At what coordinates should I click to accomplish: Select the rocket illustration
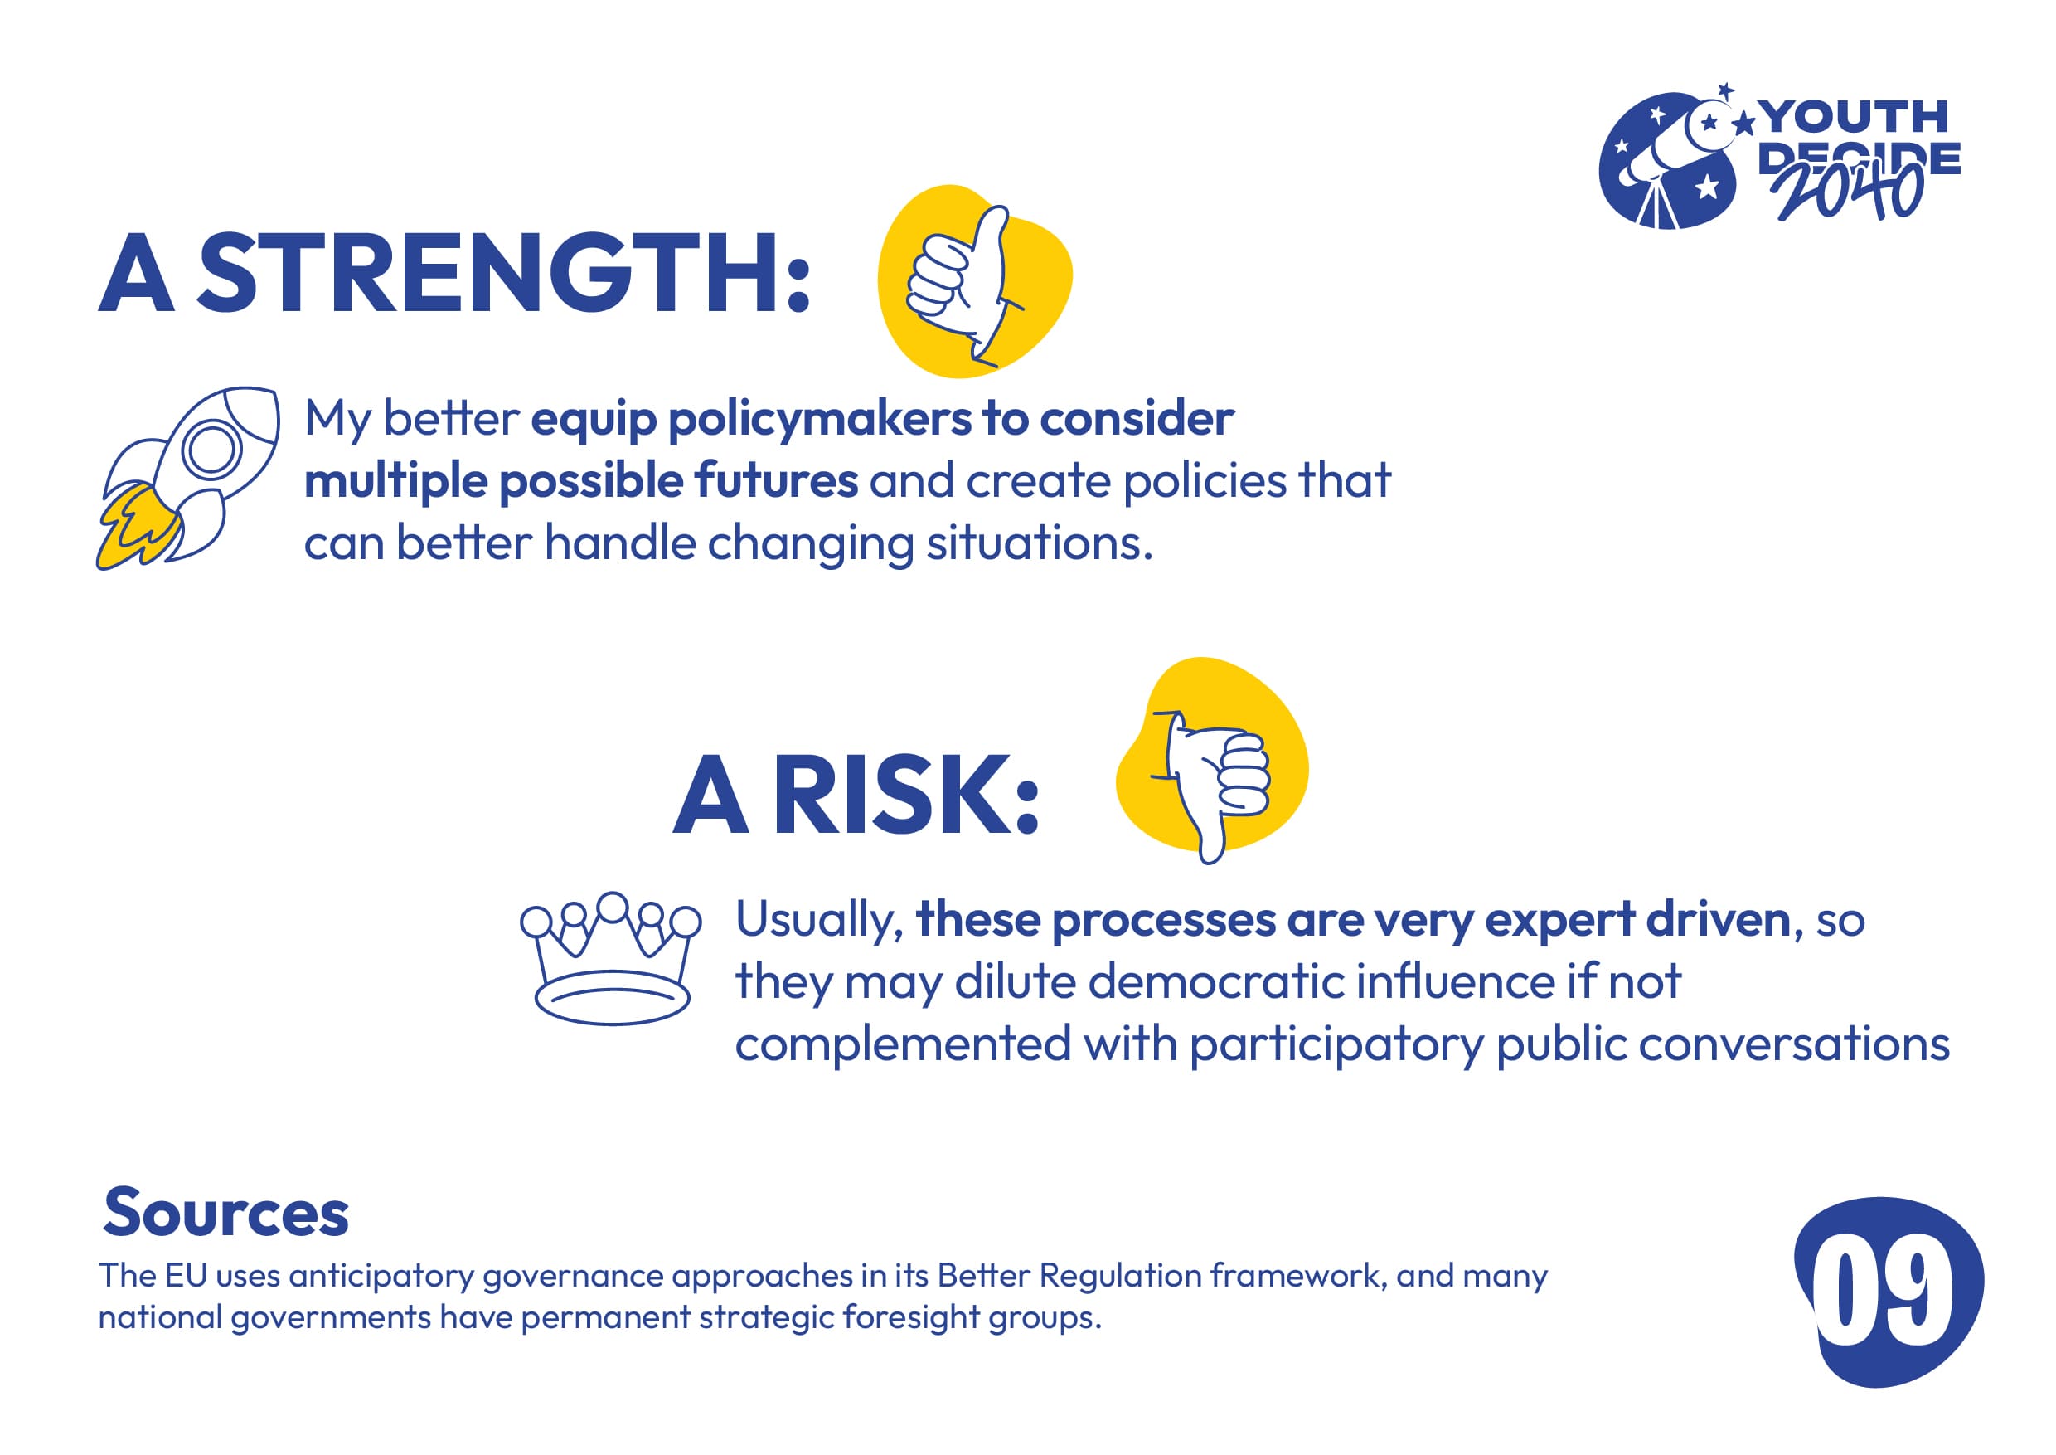coord(188,478)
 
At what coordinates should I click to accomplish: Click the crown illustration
coord(611,958)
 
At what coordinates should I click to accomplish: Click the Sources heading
coord(225,1212)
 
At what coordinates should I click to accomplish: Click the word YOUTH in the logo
coord(1855,116)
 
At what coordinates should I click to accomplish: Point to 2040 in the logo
coord(1848,190)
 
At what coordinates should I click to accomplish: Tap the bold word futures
coord(775,481)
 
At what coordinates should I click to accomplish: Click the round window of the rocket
coord(211,449)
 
